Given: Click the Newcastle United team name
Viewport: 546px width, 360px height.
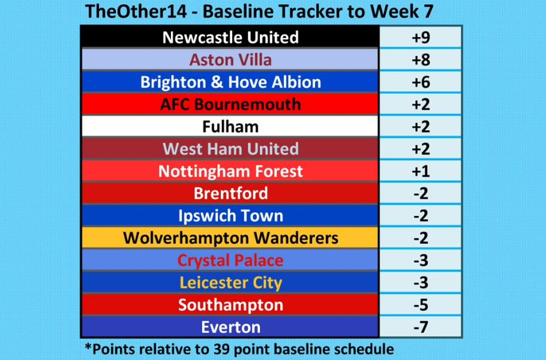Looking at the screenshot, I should pos(230,38).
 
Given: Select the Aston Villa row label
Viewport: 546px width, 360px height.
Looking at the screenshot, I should pos(230,60).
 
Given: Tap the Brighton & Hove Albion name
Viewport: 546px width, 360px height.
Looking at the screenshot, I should pos(230,82).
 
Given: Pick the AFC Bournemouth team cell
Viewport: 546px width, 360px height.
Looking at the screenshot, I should pos(230,104).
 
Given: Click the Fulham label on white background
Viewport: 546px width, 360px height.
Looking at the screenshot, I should pos(230,127).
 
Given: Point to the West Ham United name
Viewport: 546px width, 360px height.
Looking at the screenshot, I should pos(230,149).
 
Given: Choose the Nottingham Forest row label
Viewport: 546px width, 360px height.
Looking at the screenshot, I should pos(230,171).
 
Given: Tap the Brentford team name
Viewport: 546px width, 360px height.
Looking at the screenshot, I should pos(230,193).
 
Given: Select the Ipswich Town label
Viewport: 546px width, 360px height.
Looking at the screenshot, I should pos(230,215).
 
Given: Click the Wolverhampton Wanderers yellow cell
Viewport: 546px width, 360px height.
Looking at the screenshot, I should pos(230,238).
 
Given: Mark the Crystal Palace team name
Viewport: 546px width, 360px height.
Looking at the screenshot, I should pos(230,260).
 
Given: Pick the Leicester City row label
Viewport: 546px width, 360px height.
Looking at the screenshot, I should pos(230,282).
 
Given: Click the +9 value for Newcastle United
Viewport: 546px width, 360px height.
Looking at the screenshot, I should pos(420,38).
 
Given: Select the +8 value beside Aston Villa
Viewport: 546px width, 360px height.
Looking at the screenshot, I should pos(420,60).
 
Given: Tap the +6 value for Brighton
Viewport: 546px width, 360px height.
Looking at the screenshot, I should pos(420,82).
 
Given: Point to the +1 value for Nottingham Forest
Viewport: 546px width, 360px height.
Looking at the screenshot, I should pos(420,171).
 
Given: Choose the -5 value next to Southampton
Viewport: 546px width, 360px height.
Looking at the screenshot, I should pos(420,304).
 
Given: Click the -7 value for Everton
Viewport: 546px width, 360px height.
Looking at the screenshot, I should pos(420,326).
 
